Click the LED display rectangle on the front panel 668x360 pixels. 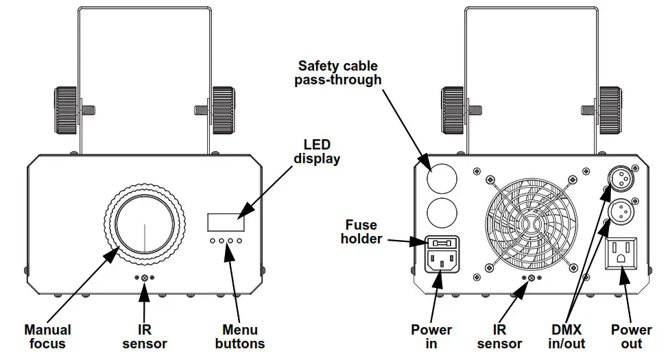click(x=226, y=222)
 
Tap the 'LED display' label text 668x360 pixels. click(x=317, y=152)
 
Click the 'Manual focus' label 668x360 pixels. click(x=47, y=337)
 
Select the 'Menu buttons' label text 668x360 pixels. click(x=240, y=337)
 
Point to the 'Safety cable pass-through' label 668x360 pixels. click(x=338, y=73)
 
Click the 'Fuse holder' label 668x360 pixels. click(x=361, y=232)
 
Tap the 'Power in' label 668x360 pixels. click(x=431, y=337)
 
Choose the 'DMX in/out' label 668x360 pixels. click(x=566, y=337)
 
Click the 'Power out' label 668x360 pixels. click(x=632, y=337)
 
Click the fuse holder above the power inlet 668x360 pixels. click(x=442, y=243)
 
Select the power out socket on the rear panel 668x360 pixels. click(x=621, y=254)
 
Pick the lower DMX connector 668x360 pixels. click(x=620, y=211)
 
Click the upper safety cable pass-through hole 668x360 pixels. click(x=442, y=179)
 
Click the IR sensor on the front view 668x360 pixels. click(x=145, y=278)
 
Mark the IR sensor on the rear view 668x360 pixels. click(x=532, y=278)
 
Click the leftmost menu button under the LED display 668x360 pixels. click(x=213, y=241)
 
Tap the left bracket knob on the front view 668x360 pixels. click(x=66, y=110)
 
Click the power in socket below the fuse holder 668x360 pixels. click(x=442, y=261)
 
